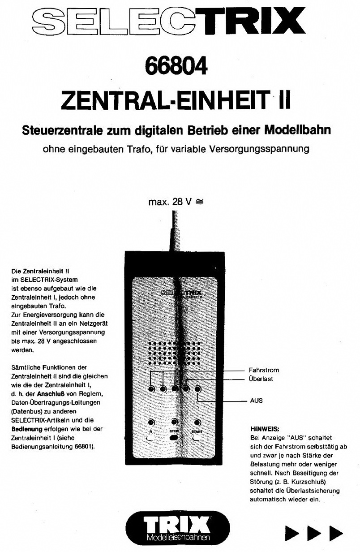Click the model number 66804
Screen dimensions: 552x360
(x=176, y=66)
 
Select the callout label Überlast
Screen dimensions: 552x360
(x=261, y=379)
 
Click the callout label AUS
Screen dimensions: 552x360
(x=257, y=401)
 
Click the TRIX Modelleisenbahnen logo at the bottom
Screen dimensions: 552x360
(x=178, y=529)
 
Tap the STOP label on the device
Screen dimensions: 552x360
(x=174, y=431)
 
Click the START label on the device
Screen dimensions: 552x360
(x=197, y=431)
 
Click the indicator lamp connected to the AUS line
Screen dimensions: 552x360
(x=197, y=388)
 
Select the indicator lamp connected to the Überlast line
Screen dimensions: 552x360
(x=186, y=388)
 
